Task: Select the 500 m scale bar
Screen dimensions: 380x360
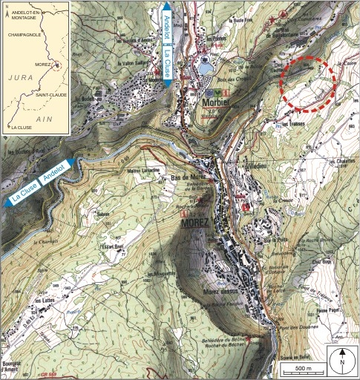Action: coord(304,369)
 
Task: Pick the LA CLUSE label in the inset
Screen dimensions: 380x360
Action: coord(18,127)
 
